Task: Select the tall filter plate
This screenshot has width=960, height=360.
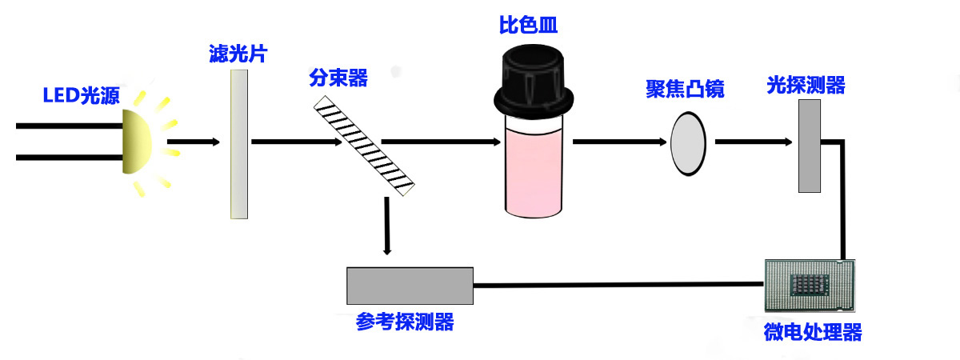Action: pyautogui.click(x=238, y=144)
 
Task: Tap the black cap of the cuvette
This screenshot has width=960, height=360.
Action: pyautogui.click(x=534, y=80)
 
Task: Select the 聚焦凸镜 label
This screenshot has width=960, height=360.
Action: pyautogui.click(x=685, y=89)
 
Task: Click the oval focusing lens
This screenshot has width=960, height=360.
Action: pyautogui.click(x=687, y=143)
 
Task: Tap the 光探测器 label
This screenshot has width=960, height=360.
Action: pyautogui.click(x=806, y=86)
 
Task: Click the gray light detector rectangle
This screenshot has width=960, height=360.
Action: pyautogui.click(x=810, y=149)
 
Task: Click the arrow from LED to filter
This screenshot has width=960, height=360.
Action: pyautogui.click(x=193, y=142)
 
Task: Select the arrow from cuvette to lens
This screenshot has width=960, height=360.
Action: pyautogui.click(x=619, y=142)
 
